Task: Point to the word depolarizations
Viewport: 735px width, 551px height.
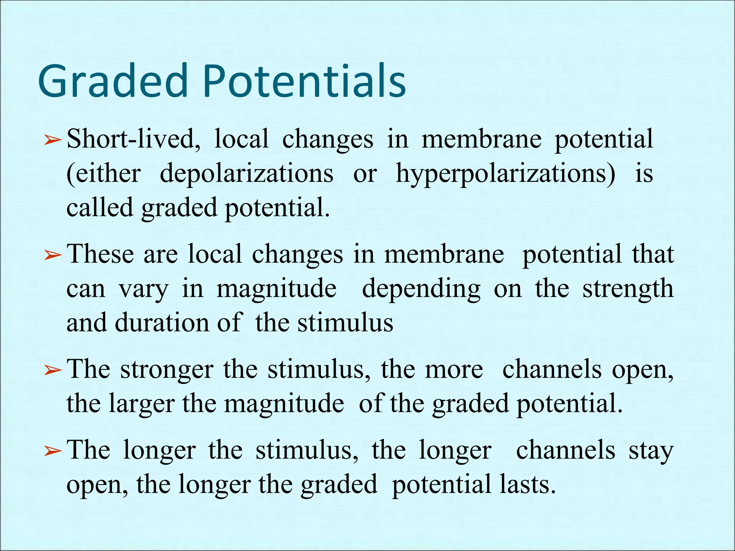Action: [x=246, y=174]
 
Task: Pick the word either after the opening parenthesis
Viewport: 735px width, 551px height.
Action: [x=108, y=174]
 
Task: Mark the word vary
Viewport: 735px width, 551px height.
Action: [x=143, y=289]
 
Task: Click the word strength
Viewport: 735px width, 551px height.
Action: [x=628, y=289]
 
